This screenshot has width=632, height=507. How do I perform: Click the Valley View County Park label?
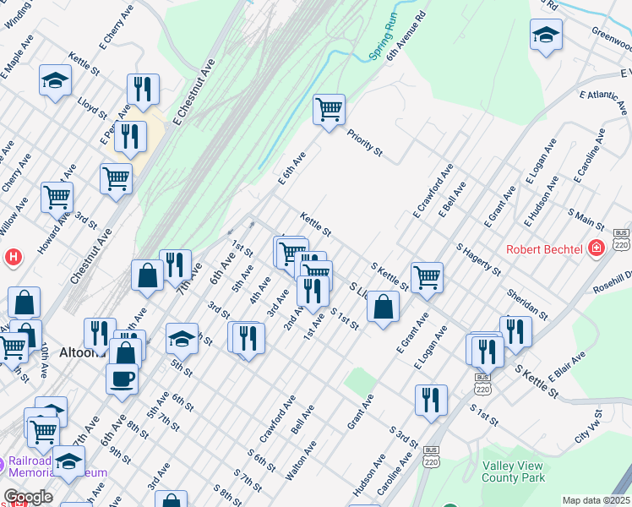point(518,472)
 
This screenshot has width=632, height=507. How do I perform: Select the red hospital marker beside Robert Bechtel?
point(597,248)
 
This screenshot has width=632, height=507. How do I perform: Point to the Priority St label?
point(365,141)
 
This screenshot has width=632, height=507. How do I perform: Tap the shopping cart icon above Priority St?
point(329,109)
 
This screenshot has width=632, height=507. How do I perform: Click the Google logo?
point(27,497)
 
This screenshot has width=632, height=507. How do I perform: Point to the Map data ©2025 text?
point(595,500)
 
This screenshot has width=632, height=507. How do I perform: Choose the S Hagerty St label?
point(478,259)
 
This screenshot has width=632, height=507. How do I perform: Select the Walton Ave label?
point(301,461)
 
